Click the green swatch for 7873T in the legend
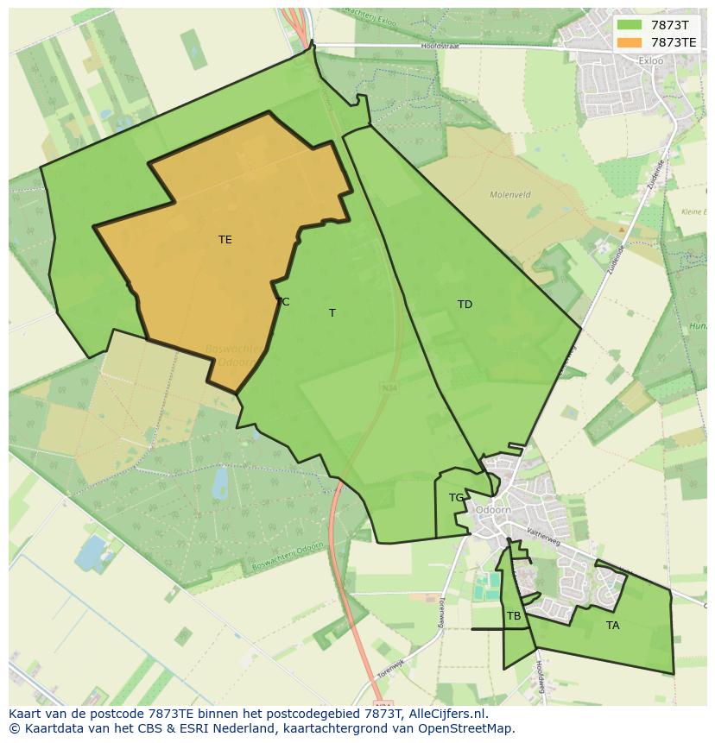pos(630,25)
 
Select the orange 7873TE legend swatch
pos(630,42)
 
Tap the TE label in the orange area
pos(225,240)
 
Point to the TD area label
pos(465,305)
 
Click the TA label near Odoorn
pos(612,626)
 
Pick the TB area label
pos(514,616)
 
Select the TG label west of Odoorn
pos(456,498)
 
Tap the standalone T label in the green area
pos(332,313)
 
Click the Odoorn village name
pos(493,510)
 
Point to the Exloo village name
pos(650,61)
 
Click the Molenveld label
pos(509,195)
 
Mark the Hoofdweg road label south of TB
pos(541,677)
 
